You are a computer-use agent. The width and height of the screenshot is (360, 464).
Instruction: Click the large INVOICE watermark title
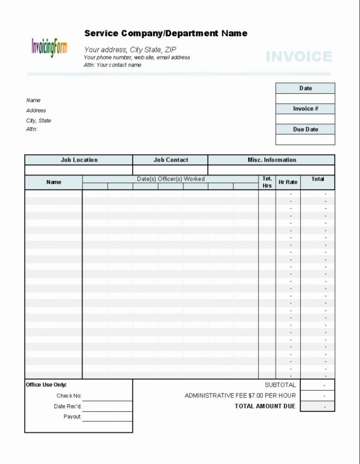click(299, 57)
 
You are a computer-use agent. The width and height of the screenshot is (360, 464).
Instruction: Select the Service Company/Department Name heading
click(166, 33)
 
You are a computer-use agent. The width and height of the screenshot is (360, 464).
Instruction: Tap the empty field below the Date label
click(305, 99)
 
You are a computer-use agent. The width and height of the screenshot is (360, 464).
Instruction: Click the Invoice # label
click(305, 109)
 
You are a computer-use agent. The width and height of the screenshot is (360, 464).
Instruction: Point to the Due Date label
click(305, 130)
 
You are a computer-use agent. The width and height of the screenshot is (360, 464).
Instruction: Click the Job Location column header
click(79, 160)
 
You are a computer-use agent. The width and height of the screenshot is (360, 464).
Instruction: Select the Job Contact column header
click(171, 160)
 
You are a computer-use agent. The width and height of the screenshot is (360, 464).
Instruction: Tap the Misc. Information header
click(272, 160)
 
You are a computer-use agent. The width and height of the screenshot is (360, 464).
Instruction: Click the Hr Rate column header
click(288, 182)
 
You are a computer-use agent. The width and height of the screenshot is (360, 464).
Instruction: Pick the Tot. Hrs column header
click(267, 182)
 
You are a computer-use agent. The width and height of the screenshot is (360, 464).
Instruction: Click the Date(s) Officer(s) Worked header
click(171, 179)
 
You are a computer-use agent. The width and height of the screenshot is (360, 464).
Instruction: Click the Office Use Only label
click(46, 385)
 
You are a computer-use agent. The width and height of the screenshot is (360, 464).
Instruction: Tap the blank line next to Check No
click(107, 396)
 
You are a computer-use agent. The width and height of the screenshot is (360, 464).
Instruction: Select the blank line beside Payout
click(107, 417)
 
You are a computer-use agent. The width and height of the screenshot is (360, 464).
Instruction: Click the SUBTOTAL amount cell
click(317, 385)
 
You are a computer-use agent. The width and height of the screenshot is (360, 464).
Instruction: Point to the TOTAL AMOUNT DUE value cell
click(317, 406)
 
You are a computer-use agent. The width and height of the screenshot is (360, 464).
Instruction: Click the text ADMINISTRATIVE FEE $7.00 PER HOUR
click(240, 396)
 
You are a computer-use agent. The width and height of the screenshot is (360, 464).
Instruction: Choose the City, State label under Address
click(39, 121)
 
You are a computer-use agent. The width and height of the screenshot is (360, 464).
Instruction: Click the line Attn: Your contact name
click(112, 65)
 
